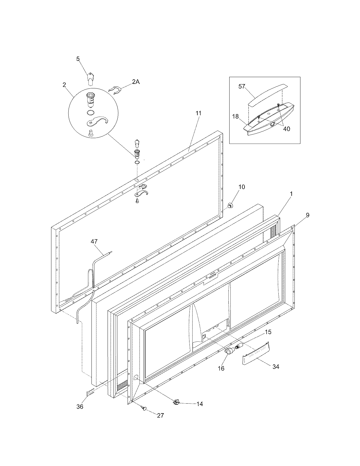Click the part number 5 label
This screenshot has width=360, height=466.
tap(78, 59)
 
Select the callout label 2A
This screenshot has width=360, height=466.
tap(136, 82)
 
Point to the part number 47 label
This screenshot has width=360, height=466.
tap(94, 241)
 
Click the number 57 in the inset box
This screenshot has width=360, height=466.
tap(242, 86)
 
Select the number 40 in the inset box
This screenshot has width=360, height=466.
tap(286, 129)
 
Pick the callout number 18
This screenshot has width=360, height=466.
tap(235, 116)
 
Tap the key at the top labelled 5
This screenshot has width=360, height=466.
tap(90, 78)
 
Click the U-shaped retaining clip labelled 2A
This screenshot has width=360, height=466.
tap(115, 90)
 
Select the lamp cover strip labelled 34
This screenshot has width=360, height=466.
tap(256, 353)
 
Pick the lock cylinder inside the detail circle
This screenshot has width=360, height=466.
tap(90, 100)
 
